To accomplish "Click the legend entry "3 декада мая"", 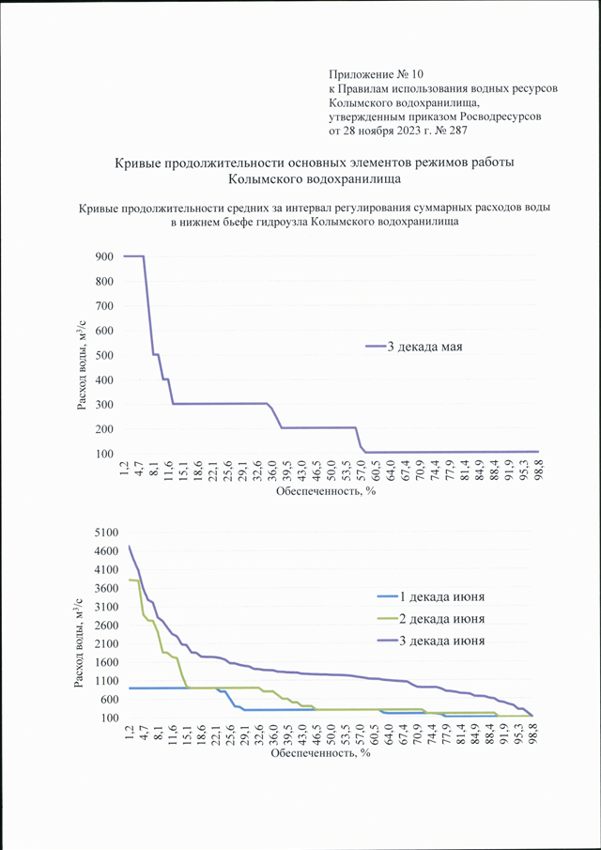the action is pyautogui.click(x=413, y=347).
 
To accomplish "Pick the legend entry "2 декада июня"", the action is pyautogui.click(x=430, y=619).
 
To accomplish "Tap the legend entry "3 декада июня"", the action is pyautogui.click(x=430, y=641).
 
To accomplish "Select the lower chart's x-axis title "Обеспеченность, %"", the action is pyautogui.click(x=320, y=753).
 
